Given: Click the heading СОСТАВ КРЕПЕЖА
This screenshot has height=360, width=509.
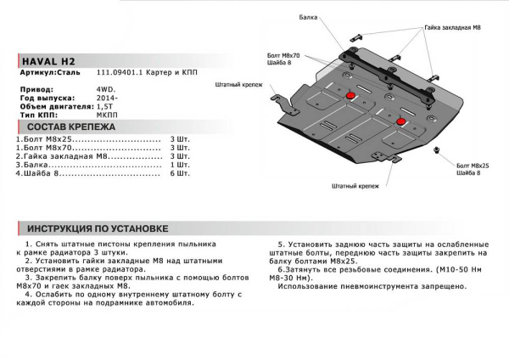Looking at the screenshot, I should [x=68, y=125].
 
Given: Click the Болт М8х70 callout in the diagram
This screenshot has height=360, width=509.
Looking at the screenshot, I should [x=283, y=56].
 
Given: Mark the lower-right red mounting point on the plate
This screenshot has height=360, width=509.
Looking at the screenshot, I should [x=402, y=124].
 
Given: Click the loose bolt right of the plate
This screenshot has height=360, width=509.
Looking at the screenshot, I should [x=437, y=152].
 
